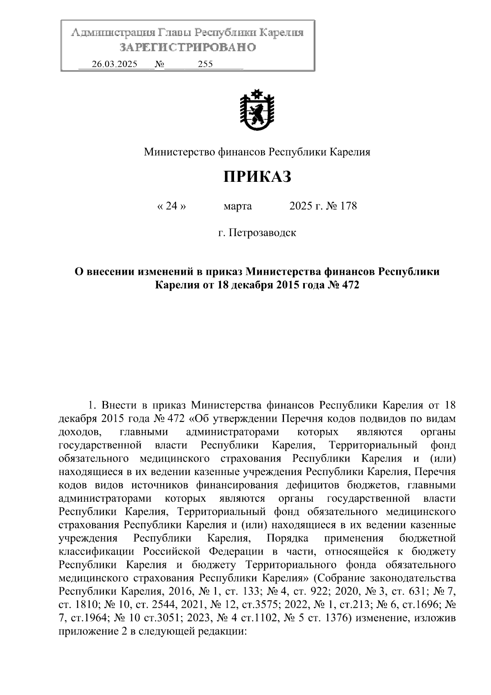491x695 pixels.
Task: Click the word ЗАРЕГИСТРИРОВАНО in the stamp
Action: pyautogui.click(x=188, y=48)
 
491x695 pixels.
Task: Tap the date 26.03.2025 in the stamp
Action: pyautogui.click(x=115, y=64)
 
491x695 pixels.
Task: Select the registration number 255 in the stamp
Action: pyautogui.click(x=205, y=64)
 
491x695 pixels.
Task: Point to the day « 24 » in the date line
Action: pyautogui.click(x=171, y=206)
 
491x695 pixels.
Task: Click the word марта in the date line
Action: pyautogui.click(x=238, y=206)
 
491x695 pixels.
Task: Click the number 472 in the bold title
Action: pyautogui.click(x=349, y=285)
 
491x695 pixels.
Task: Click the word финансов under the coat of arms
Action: pyautogui.click(x=243, y=152)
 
